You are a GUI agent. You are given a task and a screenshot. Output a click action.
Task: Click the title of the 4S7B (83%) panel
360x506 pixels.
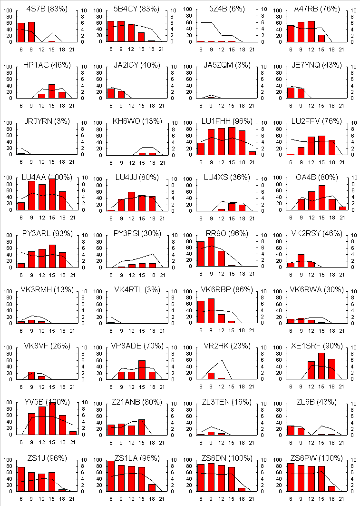coord(47,9)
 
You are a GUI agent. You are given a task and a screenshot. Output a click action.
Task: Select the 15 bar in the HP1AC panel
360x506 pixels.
coord(52,91)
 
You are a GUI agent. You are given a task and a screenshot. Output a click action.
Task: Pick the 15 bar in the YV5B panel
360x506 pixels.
coord(52,418)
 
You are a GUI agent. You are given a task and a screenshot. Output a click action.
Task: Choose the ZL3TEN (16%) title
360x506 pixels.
coord(225,402)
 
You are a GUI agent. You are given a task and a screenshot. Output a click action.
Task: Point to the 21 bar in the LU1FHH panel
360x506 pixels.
coord(252,153)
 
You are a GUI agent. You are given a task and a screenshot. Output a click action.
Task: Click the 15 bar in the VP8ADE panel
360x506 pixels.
coord(142,370)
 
